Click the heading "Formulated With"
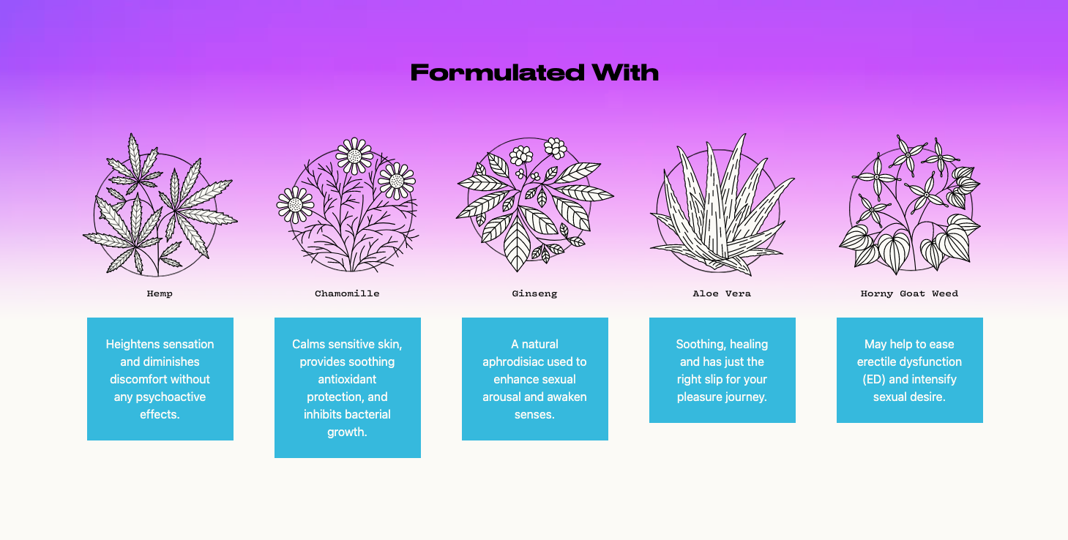tap(534, 72)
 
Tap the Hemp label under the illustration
tap(160, 293)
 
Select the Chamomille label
tap(347, 293)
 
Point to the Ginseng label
tap(534, 293)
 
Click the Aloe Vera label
tap(722, 293)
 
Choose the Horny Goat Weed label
tap(909, 293)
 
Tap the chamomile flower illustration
tap(347, 205)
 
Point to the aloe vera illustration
tap(722, 205)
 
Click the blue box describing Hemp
tap(160, 379)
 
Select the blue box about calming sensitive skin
tap(347, 388)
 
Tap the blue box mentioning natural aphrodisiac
tap(534, 379)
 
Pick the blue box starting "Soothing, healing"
tap(722, 370)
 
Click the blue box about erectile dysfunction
tap(909, 370)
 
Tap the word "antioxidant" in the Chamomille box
tap(347, 379)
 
